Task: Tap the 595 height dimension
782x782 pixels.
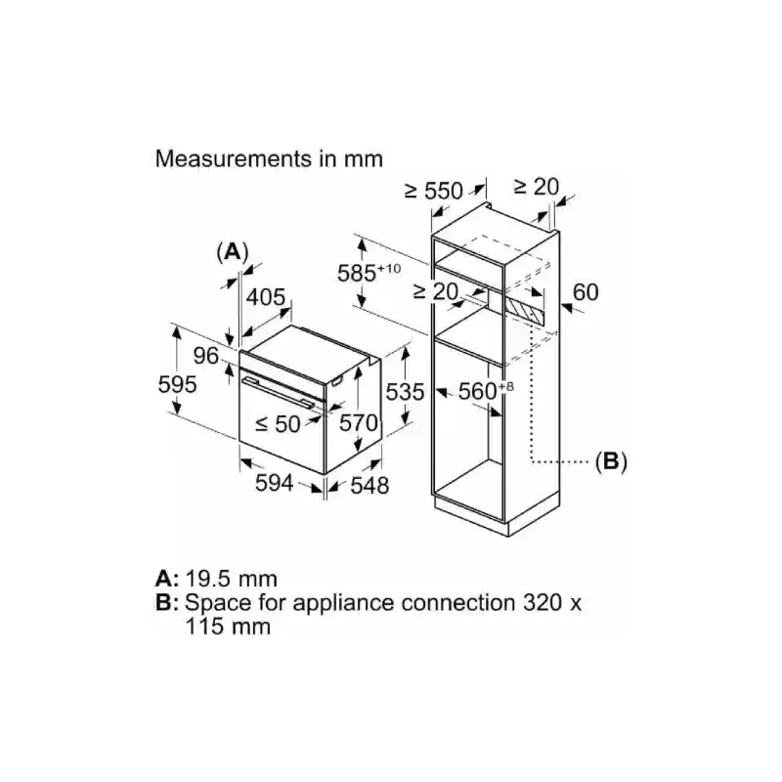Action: (179, 384)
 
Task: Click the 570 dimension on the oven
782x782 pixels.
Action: (359, 423)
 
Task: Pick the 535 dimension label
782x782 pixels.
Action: (404, 392)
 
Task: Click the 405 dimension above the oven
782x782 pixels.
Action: (265, 296)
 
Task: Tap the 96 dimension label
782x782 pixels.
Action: (205, 356)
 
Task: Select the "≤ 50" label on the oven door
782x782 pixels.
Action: (278, 423)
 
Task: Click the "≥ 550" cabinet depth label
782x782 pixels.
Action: (435, 192)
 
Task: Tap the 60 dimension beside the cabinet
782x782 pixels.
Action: (585, 291)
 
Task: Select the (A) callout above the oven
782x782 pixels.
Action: (232, 251)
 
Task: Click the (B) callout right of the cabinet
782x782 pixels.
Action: (611, 460)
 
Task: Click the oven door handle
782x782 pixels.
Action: (279, 388)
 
